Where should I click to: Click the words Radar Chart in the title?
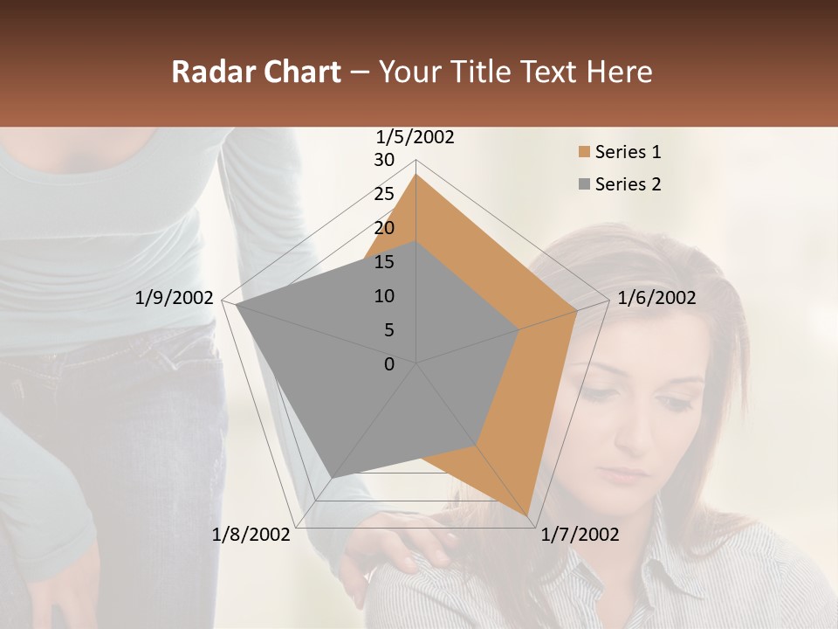256,72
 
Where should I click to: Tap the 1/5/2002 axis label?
415,137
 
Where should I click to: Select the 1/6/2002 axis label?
656,298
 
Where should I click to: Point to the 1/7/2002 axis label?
580,535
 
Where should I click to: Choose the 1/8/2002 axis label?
251,535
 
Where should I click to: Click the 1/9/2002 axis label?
175,298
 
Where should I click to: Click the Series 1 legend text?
628,152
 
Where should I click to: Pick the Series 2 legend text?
628,184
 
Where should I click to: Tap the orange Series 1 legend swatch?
583,152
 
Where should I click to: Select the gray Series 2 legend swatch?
583,184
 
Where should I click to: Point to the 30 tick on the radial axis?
384,160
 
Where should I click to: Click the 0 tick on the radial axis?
389,363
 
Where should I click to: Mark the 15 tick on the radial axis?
384,262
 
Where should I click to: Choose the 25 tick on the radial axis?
384,194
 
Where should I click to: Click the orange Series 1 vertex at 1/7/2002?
528,515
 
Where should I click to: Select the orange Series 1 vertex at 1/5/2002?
416,174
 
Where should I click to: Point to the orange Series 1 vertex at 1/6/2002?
576,310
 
